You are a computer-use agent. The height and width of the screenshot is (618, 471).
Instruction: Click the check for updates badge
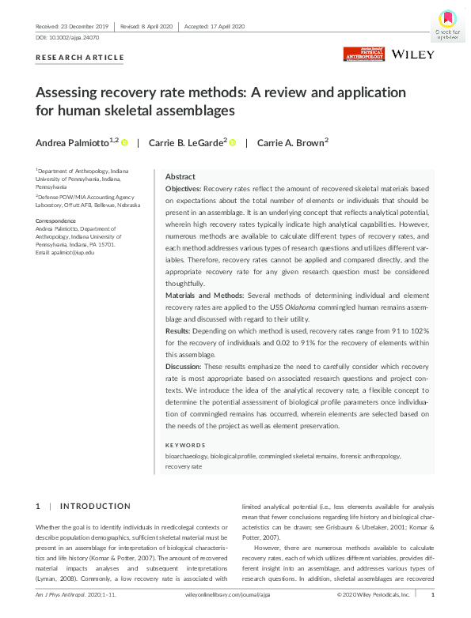coord(446,24)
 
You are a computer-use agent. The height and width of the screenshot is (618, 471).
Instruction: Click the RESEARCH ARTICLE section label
coord(80,58)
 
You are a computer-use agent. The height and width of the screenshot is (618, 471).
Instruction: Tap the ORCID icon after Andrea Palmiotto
coord(125,142)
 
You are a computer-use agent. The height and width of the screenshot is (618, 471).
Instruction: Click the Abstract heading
coord(180,177)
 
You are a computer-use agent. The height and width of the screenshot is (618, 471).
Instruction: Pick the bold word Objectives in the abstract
coord(183,190)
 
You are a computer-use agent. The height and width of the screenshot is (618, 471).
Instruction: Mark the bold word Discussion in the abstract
coord(184,367)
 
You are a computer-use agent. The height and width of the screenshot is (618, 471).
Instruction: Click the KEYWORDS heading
coord(185,445)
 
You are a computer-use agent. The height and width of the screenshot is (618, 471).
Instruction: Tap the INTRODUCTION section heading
coord(95,506)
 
